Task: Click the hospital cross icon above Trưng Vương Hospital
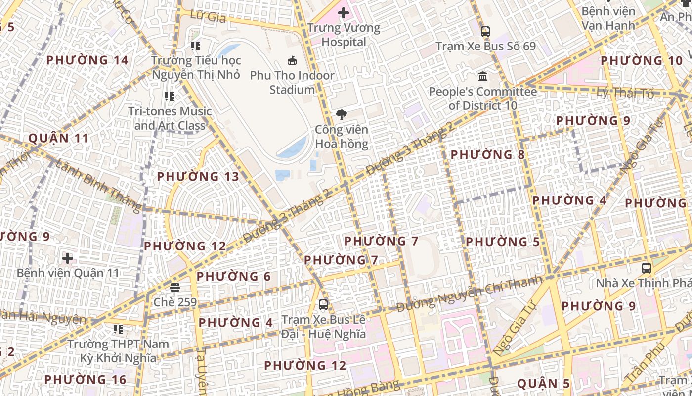point(344,13)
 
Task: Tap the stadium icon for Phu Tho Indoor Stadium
point(292,61)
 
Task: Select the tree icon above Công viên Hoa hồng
point(341,115)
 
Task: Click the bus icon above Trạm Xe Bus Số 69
point(485,32)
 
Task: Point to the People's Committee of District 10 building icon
point(483,77)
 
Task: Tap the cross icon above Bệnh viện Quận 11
point(68,258)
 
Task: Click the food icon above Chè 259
point(174,287)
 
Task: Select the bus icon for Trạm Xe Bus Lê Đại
point(323,305)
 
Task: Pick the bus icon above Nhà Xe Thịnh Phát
point(646,268)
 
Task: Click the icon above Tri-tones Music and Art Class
point(170,97)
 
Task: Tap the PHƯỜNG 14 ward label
point(87,60)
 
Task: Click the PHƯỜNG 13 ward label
point(198,177)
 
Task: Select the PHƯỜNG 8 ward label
point(487,155)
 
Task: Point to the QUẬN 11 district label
point(58,138)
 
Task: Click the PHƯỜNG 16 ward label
point(85,380)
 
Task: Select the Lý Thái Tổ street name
point(625,93)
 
